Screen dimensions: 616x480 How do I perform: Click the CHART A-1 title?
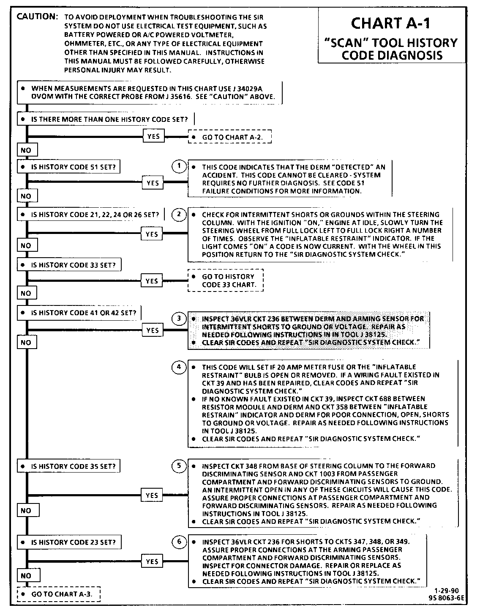[x=390, y=23]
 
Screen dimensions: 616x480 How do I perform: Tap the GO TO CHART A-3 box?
[x=59, y=594]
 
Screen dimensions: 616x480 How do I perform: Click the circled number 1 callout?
[x=179, y=166]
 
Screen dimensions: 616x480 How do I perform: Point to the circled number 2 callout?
[x=179, y=214]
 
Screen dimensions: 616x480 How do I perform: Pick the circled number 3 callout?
[x=179, y=318]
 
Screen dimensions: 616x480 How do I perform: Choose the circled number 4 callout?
[x=179, y=367]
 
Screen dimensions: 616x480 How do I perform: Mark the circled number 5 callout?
[x=179, y=466]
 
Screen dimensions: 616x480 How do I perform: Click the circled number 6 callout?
[x=179, y=542]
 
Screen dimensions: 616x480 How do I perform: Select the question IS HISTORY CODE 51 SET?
[x=68, y=167]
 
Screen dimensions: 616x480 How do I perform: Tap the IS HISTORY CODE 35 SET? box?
[x=68, y=466]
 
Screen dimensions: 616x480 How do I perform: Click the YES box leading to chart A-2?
[x=153, y=137]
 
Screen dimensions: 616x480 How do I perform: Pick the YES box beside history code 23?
[x=152, y=561]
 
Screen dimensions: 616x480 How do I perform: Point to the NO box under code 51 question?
[x=26, y=196]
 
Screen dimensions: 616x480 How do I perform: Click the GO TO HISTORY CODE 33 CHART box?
[x=226, y=280]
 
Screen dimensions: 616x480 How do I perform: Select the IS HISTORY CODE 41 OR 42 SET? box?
[x=79, y=313]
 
